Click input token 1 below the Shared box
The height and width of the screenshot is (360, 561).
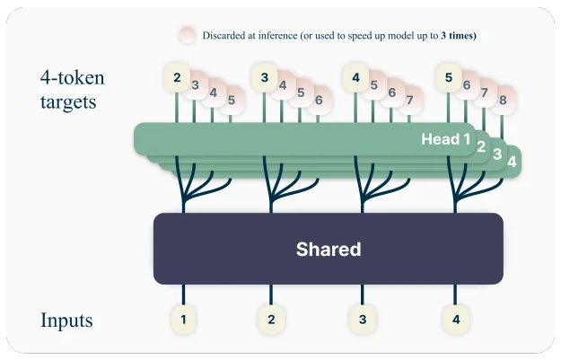(183, 318)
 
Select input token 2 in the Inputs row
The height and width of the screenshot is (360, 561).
(270, 318)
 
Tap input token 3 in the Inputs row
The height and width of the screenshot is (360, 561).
(362, 318)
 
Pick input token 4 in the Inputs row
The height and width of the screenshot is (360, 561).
(455, 318)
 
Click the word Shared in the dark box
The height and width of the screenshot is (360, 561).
(328, 250)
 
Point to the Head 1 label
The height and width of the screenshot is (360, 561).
(445, 139)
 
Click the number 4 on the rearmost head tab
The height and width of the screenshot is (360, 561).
(512, 162)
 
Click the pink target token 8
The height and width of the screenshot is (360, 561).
(503, 100)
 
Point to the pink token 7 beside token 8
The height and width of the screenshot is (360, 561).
(485, 92)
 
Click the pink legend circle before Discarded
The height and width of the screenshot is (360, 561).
(187, 35)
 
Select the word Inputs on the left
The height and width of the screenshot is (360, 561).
(66, 320)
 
